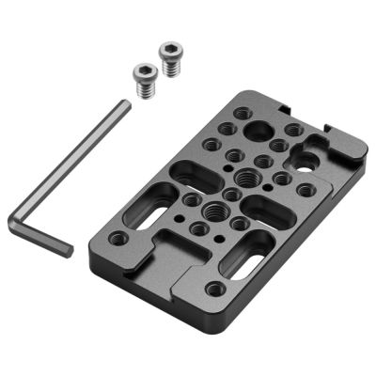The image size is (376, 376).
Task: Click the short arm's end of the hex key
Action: [65, 249]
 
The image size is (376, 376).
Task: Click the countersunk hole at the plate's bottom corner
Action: [216, 289]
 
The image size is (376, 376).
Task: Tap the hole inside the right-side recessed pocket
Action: [305, 159]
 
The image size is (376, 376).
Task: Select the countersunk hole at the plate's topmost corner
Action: [243, 114]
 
